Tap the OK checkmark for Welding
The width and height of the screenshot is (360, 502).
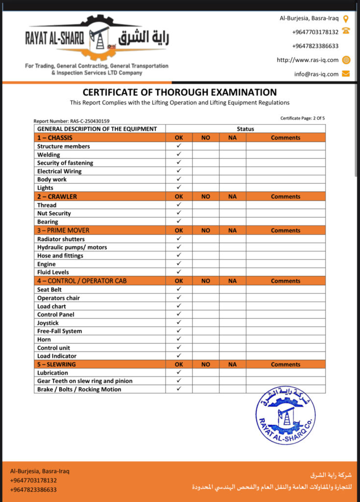point(179,154)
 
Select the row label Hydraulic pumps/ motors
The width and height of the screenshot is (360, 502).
point(72,247)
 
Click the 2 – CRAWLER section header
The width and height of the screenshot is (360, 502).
point(57,197)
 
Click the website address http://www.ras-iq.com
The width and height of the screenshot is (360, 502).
point(308,60)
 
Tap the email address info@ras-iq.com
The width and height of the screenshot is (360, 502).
point(316,74)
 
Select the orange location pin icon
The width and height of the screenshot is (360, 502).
point(346,19)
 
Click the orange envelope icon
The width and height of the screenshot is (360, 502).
point(346,74)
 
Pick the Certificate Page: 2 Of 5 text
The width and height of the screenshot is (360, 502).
point(302,118)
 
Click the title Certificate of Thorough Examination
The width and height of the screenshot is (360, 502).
point(179,92)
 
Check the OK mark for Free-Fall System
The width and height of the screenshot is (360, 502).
point(179,331)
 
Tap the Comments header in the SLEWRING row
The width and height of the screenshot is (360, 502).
point(286,364)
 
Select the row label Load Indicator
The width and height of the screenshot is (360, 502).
point(57,356)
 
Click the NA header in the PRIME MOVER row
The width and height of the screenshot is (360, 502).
point(232,230)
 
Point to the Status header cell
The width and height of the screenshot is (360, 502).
point(245,129)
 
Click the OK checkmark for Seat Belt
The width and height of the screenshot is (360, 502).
point(179,289)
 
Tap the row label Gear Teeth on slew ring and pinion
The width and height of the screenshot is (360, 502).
point(85,381)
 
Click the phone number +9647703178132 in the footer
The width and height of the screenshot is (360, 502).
point(33,480)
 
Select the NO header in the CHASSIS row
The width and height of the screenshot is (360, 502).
point(206,138)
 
